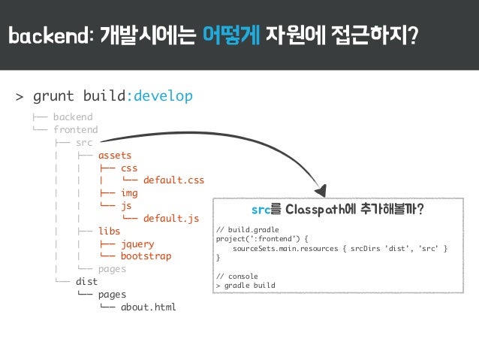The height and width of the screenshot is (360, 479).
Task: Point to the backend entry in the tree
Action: coord(73,117)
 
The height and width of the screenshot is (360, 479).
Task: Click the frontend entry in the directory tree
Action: coord(75,130)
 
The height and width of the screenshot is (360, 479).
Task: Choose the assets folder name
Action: coord(115,156)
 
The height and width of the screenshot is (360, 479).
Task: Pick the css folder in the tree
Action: coord(129,168)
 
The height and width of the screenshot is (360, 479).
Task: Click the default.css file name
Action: coord(173,180)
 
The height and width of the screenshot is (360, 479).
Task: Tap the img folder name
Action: coord(129,193)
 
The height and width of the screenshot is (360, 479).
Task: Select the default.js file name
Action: coord(171,219)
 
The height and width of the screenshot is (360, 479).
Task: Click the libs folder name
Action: coord(109,231)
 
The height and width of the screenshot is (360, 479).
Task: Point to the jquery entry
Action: coord(137,244)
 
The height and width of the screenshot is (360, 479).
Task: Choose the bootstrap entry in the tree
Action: coord(146,256)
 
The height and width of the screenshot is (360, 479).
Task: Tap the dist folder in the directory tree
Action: coord(86,281)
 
